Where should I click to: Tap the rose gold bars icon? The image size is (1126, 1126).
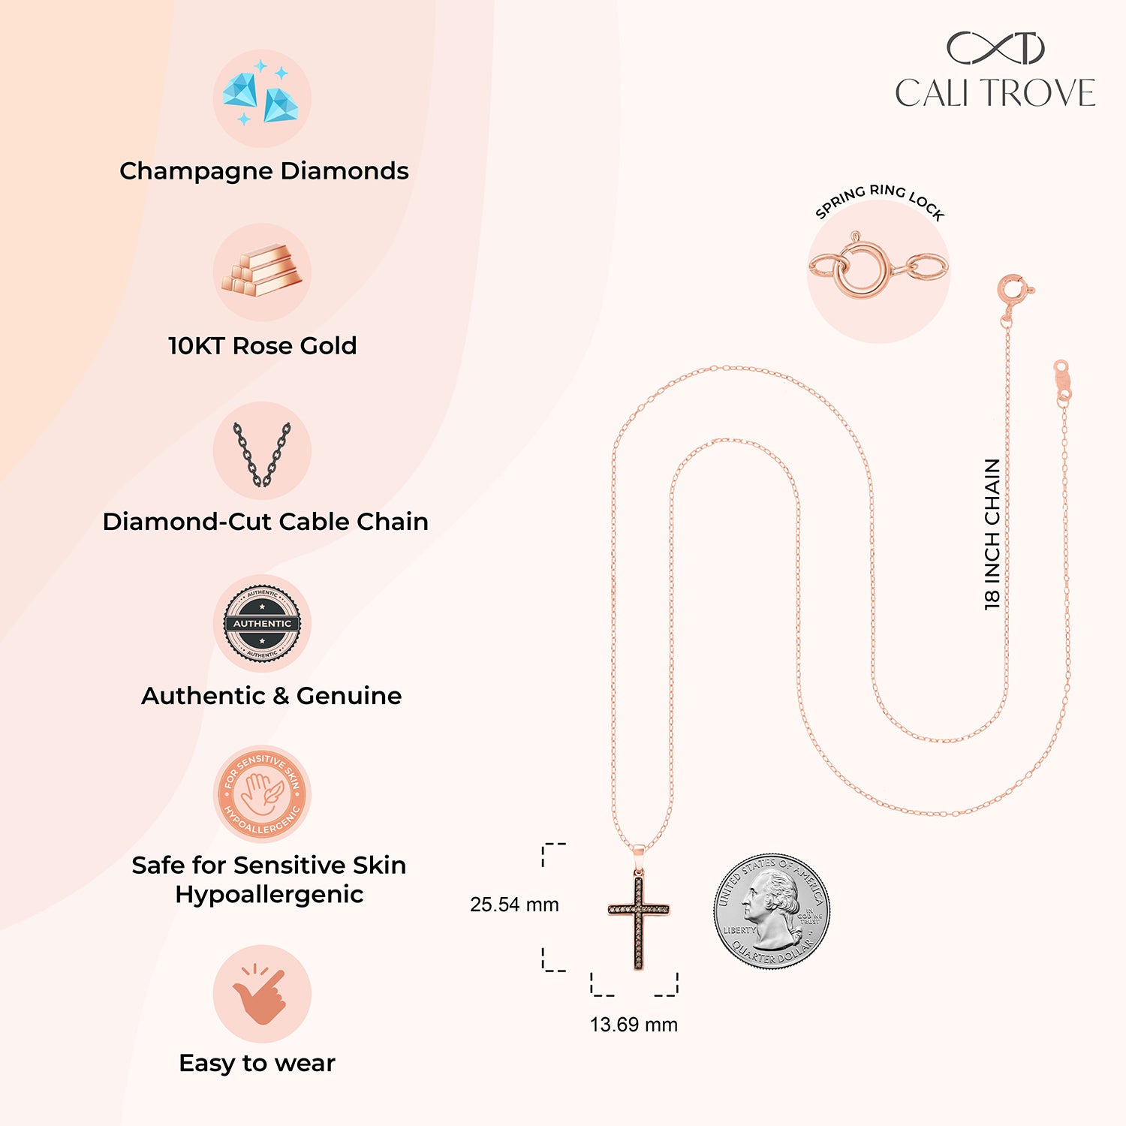[x=262, y=269]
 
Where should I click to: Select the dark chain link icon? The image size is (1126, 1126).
[x=261, y=454]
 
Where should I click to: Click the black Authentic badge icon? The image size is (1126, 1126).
[x=262, y=624]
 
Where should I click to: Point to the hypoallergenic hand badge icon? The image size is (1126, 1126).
[x=262, y=793]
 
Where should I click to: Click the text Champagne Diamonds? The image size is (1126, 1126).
[x=264, y=171]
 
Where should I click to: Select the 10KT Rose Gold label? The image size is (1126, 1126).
[x=262, y=345]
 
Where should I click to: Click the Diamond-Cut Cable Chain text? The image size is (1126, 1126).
[x=265, y=521]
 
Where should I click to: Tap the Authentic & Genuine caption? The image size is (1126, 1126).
[x=271, y=696]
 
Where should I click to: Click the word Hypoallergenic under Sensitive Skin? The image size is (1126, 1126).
[x=269, y=895]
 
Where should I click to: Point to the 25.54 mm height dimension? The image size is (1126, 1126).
[x=514, y=905]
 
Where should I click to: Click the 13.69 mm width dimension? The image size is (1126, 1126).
[x=634, y=1025]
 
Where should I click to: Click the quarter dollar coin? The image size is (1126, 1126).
[x=772, y=911]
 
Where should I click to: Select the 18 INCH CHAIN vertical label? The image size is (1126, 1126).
[x=992, y=534]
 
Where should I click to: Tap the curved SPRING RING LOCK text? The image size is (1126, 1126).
[x=879, y=202]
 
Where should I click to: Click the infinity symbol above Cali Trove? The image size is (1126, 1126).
[x=995, y=48]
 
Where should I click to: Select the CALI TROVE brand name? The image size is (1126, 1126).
[x=995, y=93]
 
